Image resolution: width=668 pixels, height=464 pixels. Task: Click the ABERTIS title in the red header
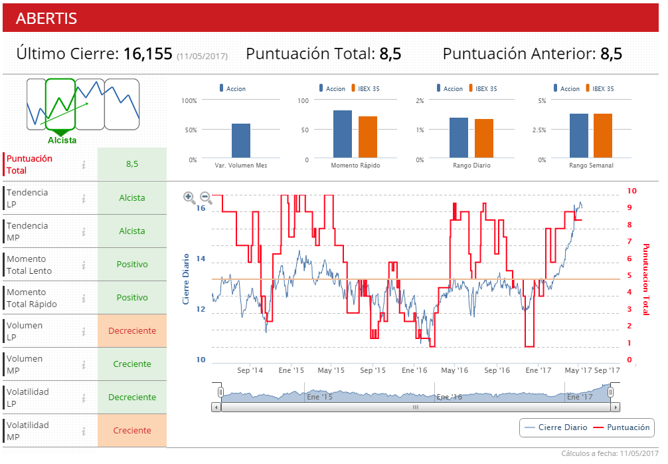tap(46, 19)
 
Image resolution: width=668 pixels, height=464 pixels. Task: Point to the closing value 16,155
tap(148, 55)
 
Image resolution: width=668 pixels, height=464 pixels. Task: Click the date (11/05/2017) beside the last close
tap(202, 57)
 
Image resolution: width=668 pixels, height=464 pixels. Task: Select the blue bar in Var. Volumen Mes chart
tap(241, 141)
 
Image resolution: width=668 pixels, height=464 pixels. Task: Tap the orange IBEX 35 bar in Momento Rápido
tap(368, 138)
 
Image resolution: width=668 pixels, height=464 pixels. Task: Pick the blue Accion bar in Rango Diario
tap(459, 138)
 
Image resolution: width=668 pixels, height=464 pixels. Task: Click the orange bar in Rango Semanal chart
tap(603, 136)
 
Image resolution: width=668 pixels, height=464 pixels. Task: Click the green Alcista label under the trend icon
tap(62, 140)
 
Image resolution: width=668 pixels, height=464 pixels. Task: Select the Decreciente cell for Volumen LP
tap(132, 331)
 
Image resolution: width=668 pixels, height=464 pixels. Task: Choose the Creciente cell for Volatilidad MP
tap(132, 431)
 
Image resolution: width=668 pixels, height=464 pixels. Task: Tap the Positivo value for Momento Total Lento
tap(132, 265)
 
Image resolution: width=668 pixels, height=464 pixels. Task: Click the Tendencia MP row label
tap(27, 231)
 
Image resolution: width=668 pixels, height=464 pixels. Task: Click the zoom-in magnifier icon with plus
tap(189, 197)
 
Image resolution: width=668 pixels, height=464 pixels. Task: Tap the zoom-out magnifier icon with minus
tap(206, 197)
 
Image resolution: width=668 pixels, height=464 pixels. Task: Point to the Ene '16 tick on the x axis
tap(414, 370)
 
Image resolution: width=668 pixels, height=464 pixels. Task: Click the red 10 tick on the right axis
tap(631, 191)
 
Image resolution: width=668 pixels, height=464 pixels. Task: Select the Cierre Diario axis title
tap(187, 279)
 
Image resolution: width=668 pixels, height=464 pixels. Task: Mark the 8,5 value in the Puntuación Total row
tap(132, 164)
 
